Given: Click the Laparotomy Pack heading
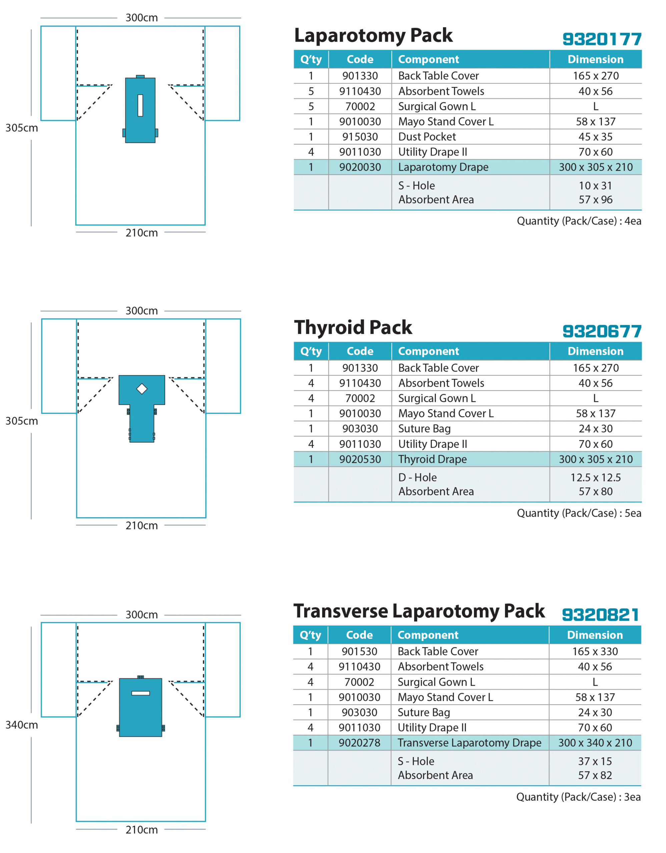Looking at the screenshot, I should tap(373, 36).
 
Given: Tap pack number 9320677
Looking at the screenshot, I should tap(602, 331).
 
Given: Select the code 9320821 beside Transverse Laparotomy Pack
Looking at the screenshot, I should tap(601, 615).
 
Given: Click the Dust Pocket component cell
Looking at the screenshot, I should tap(427, 137).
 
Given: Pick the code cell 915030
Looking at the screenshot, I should tap(360, 137).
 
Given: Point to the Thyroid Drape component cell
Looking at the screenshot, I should tap(432, 459).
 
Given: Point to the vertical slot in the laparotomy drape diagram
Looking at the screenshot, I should tap(140, 105).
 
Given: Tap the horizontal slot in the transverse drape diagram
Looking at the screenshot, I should tap(140, 693).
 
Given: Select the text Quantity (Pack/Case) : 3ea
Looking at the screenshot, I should tap(578, 797).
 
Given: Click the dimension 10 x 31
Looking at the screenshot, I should tap(595, 186).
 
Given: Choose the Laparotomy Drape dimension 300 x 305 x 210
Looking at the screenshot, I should tap(595, 167).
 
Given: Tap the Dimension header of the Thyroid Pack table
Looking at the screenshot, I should tap(595, 351).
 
